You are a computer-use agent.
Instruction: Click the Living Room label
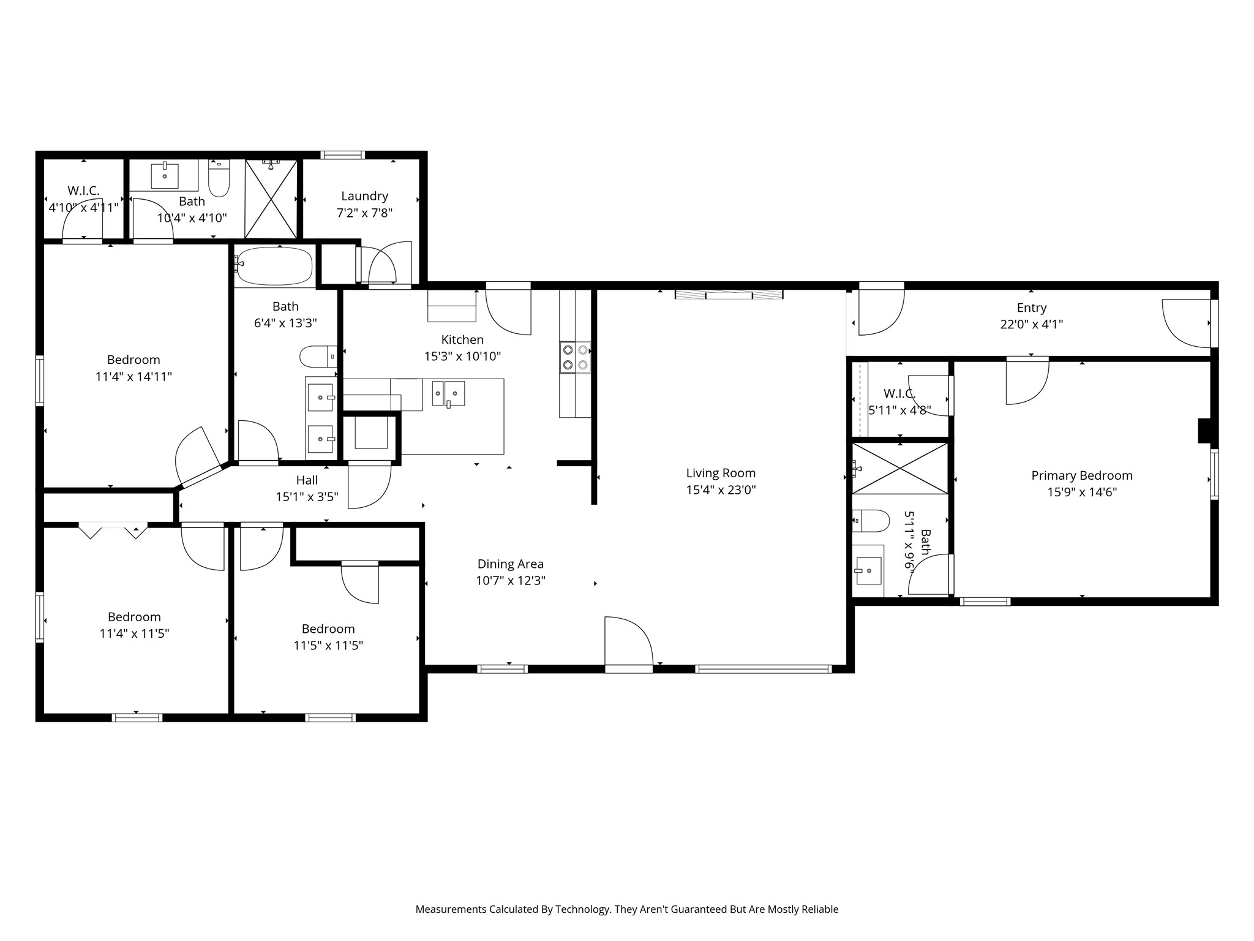pyautogui.click(x=721, y=473)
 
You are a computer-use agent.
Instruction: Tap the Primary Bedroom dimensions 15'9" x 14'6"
pyautogui.click(x=1082, y=492)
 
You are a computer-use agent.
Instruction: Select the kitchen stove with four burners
pyautogui.click(x=575, y=358)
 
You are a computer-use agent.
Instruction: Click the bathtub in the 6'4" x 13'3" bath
pyautogui.click(x=274, y=266)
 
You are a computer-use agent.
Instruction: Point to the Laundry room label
pyautogui.click(x=364, y=196)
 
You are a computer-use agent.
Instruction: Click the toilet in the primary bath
pyautogui.click(x=871, y=521)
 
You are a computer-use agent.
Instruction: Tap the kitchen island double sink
pyautogui.click(x=448, y=393)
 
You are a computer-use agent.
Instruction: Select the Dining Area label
pyautogui.click(x=511, y=564)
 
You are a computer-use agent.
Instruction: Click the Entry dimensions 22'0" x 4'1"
pyautogui.click(x=1032, y=324)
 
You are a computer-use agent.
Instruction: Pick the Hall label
pyautogui.click(x=307, y=480)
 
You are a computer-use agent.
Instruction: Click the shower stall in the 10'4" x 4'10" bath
pyautogui.click(x=271, y=199)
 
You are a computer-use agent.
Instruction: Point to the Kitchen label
pyautogui.click(x=462, y=339)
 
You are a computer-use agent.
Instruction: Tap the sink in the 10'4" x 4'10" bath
pyautogui.click(x=165, y=176)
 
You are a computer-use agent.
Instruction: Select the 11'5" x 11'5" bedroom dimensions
pyautogui.click(x=328, y=645)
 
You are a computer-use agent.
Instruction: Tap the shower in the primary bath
pyautogui.click(x=900, y=468)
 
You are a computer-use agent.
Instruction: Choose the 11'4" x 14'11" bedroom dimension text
pyautogui.click(x=133, y=376)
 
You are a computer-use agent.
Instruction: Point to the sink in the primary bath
pyautogui.click(x=868, y=570)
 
